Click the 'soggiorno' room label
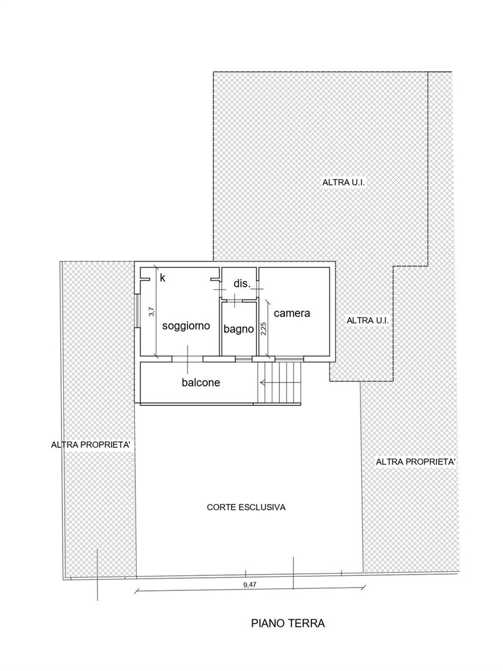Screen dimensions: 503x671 pyautogui.click(x=186, y=326)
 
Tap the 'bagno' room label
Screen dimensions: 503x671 pyautogui.click(x=239, y=330)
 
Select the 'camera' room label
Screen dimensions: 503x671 pyautogui.click(x=292, y=313)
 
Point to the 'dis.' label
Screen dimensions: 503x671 pyautogui.click(x=242, y=283)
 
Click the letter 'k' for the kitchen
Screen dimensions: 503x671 pyautogui.click(x=163, y=278)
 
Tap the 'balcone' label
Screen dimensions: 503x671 pyautogui.click(x=201, y=382)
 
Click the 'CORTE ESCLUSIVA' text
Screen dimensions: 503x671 pyautogui.click(x=246, y=508)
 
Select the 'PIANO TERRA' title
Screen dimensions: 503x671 pyautogui.click(x=288, y=623)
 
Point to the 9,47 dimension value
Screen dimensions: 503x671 pyautogui.click(x=250, y=585)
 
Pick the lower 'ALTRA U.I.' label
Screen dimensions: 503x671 pyautogui.click(x=368, y=320)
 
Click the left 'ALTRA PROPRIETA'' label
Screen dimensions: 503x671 pyautogui.click(x=91, y=444)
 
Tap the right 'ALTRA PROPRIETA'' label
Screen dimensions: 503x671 pyautogui.click(x=416, y=462)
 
